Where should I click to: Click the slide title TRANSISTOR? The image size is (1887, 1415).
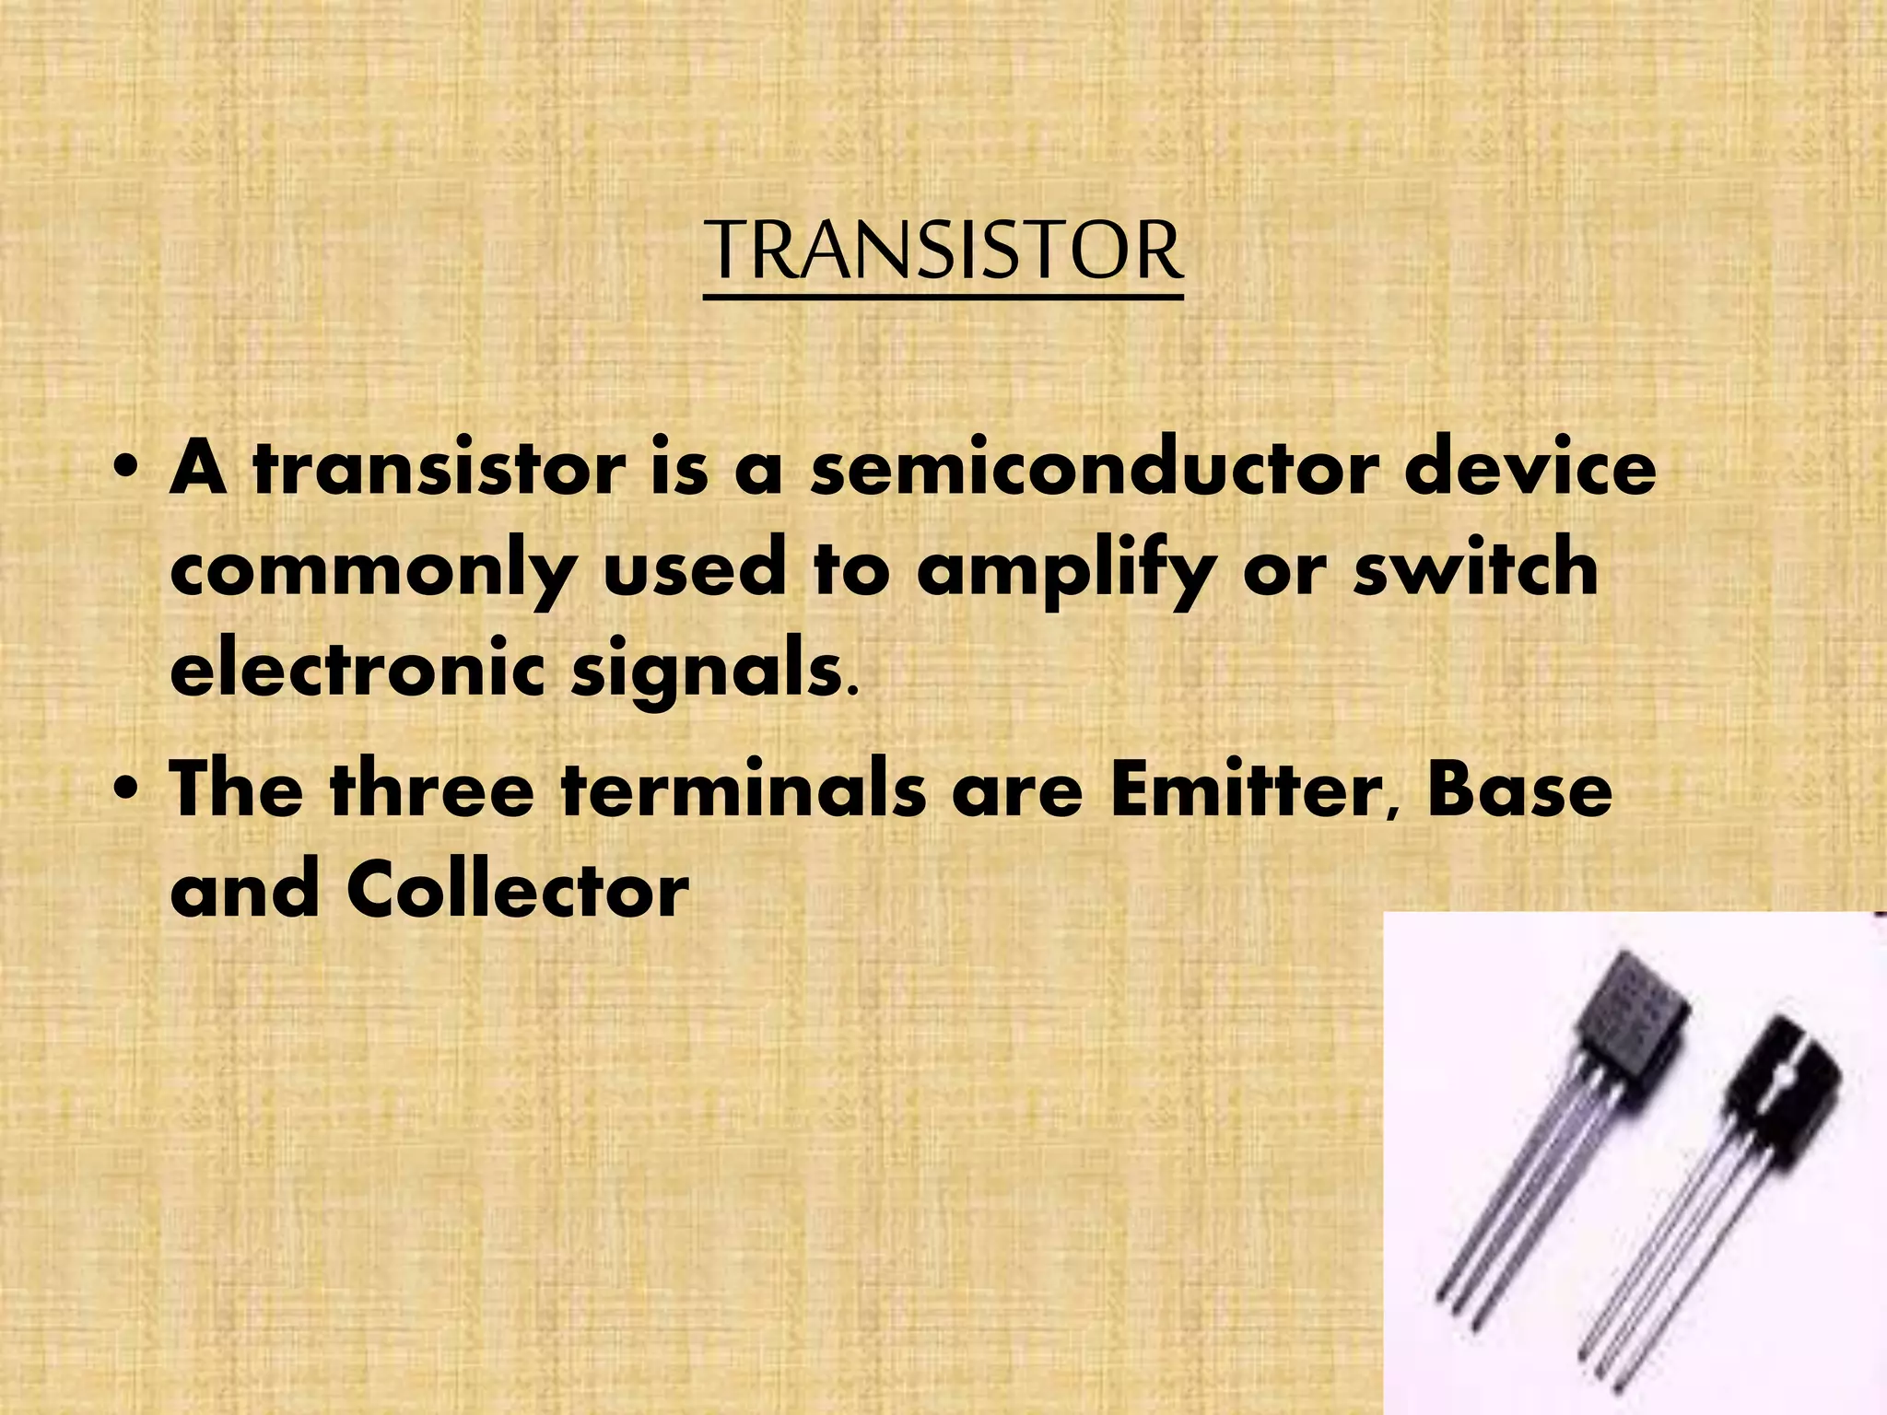click(x=943, y=251)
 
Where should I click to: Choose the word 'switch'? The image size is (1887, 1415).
click(x=1474, y=569)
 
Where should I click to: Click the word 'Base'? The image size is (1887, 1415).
click(x=1519, y=790)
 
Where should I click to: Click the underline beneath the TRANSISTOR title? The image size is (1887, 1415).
click(x=943, y=298)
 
